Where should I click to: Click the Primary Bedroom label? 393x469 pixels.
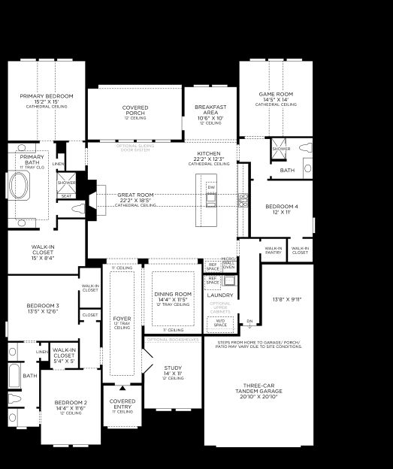(47, 97)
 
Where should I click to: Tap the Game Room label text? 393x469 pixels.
(275, 95)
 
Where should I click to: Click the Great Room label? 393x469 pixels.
(135, 195)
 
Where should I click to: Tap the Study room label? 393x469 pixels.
(173, 368)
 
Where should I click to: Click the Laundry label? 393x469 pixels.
(220, 295)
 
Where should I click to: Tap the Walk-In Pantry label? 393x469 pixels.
(273, 250)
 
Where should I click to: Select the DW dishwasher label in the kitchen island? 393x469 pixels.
(211, 186)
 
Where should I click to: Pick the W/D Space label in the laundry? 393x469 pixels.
(220, 324)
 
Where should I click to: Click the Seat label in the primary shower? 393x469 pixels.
(66, 195)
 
